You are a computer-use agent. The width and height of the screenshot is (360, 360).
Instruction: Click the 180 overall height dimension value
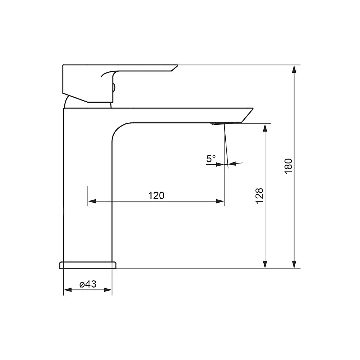(x=288, y=166)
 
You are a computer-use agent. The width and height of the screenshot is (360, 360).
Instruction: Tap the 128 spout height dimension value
(x=259, y=195)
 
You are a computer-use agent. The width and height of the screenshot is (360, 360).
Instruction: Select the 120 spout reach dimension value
(x=156, y=195)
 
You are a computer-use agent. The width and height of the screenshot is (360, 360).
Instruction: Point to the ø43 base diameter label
(x=88, y=284)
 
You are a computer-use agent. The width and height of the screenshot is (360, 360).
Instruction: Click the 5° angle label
(x=211, y=159)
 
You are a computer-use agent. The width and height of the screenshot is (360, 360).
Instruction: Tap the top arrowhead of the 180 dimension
(x=294, y=69)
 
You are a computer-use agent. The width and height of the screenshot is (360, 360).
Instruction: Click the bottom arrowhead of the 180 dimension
(x=294, y=265)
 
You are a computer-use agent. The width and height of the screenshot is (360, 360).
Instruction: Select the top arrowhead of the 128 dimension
(x=265, y=128)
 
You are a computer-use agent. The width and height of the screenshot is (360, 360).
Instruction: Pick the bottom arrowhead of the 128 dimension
(x=265, y=265)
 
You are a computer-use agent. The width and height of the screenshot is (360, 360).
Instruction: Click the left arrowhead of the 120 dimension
(x=92, y=201)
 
